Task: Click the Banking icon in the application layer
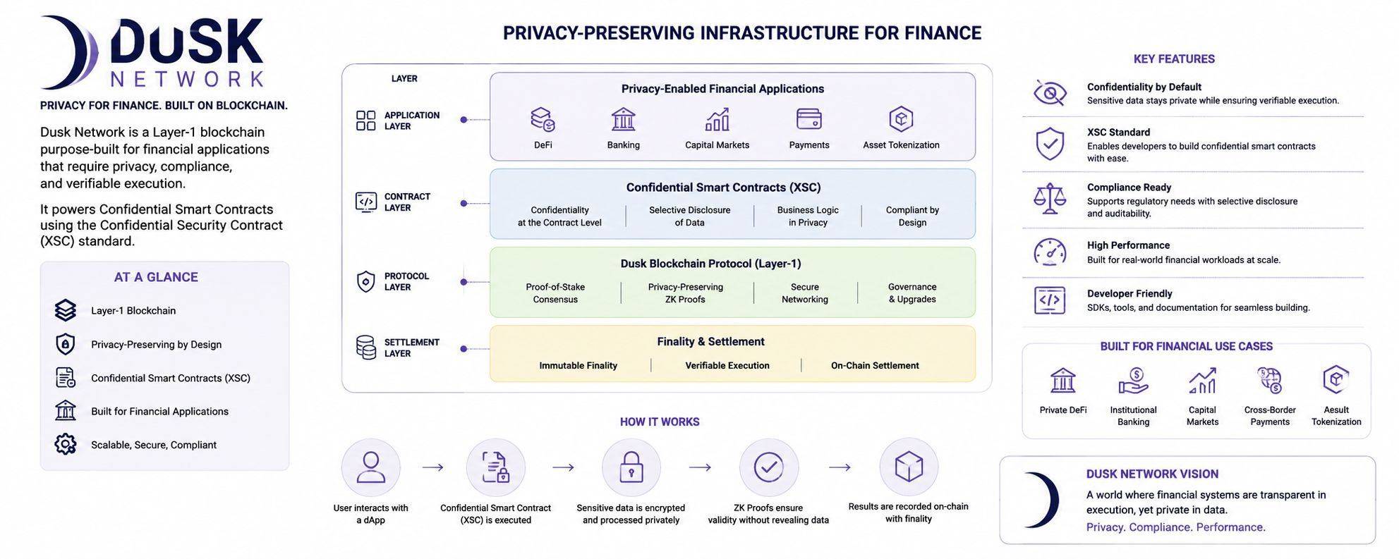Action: coord(624,119)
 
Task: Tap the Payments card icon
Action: coord(808,119)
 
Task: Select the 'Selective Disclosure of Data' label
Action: coord(689,216)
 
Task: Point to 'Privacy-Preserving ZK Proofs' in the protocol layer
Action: coord(686,293)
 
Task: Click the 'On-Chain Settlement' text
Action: coord(875,365)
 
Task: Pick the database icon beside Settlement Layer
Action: coord(365,348)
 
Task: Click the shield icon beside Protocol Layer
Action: coord(365,282)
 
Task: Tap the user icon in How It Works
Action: coord(371,467)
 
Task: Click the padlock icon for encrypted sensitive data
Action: coord(631,467)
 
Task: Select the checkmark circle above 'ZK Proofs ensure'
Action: coord(768,467)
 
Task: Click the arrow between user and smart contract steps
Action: coord(432,467)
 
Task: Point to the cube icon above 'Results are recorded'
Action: coord(909,466)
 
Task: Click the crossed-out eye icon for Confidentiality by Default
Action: coord(1050,93)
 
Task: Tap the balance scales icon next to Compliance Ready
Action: coord(1050,199)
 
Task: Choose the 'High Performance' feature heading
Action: coord(1128,245)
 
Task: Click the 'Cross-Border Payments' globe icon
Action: coord(1270,381)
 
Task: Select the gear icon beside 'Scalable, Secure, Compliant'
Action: coord(66,444)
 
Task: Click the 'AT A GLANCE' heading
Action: coord(156,277)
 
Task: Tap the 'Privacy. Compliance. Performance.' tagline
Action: coord(1175,527)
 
